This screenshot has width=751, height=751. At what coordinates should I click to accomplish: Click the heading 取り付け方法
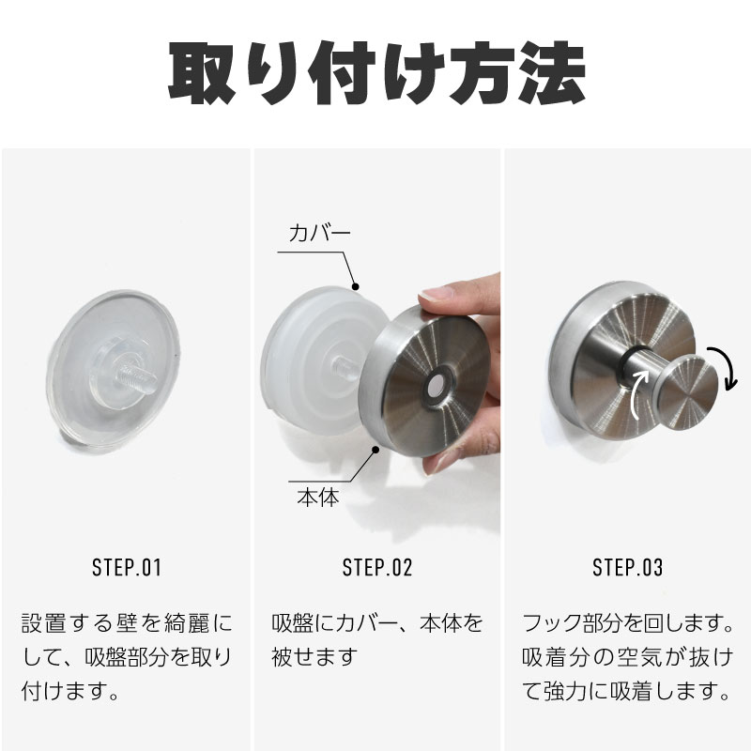pos(377,73)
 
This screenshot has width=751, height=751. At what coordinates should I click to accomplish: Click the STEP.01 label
pos(127,568)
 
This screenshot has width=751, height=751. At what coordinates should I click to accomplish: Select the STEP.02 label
pos(377,568)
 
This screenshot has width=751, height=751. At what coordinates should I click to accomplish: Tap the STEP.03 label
pos(628,568)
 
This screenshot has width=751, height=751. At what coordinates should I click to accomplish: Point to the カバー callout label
pos(319,233)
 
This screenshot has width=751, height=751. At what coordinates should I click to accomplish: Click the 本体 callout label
pos(318,498)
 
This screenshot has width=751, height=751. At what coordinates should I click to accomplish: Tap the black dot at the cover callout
pos(356,287)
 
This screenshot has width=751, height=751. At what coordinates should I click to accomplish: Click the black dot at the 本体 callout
pos(376,450)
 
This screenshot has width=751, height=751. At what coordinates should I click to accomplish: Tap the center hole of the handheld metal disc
pos(437,385)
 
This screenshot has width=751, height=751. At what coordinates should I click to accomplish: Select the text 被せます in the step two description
pos(314,656)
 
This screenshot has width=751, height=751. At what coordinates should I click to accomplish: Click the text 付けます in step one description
pos(69,691)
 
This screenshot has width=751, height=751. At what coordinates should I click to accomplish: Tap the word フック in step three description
pos(552,623)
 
